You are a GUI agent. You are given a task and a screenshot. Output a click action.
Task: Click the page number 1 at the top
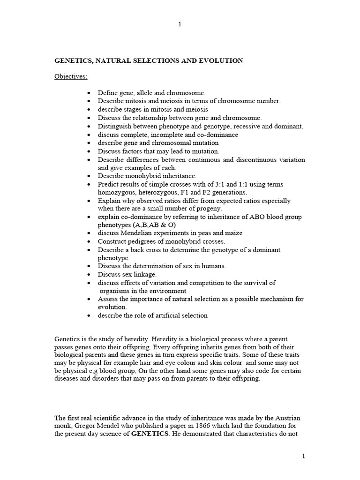pyautogui.click(x=180, y=25)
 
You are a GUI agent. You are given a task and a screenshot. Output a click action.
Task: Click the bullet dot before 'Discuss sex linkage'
pyautogui.click(x=89, y=274)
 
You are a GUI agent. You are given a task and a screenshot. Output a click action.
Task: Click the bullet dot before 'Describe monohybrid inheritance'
pyautogui.click(x=89, y=176)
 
